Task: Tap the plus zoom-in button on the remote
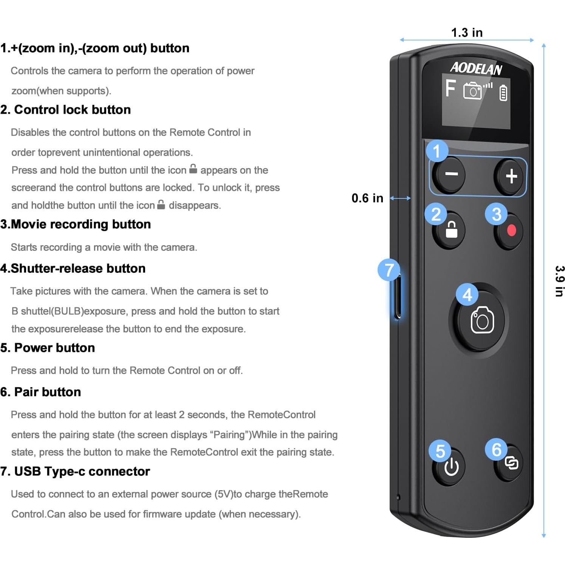[x=511, y=176]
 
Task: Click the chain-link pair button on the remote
[x=511, y=463]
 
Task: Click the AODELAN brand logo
[x=476, y=68]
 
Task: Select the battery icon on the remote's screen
[x=503, y=93]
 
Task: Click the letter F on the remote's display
[x=450, y=89]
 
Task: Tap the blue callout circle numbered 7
[x=389, y=270]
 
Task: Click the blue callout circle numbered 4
[x=467, y=295]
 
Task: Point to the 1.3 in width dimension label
[x=467, y=33]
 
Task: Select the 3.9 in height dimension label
[x=559, y=281]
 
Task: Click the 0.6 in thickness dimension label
[x=367, y=198]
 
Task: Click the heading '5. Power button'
[x=48, y=348]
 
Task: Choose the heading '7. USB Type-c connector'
[x=75, y=471]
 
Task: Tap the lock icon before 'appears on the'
[x=193, y=169]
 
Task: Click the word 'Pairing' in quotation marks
[x=231, y=435]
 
